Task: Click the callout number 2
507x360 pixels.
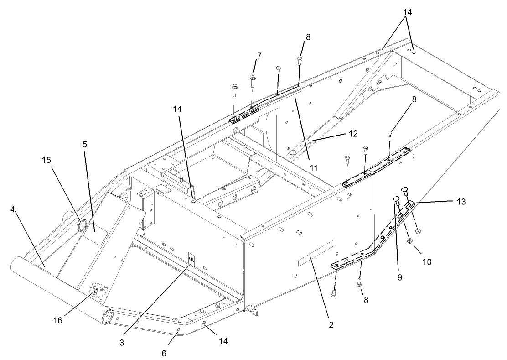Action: (x=331, y=325)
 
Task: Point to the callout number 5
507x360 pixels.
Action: (x=85, y=144)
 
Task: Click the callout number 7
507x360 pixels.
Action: (x=259, y=56)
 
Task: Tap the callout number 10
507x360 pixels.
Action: (x=427, y=262)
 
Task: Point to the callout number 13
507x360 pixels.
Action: (x=461, y=202)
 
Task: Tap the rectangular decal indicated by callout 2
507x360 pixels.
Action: (x=316, y=253)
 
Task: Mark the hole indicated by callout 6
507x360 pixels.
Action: (x=179, y=329)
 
